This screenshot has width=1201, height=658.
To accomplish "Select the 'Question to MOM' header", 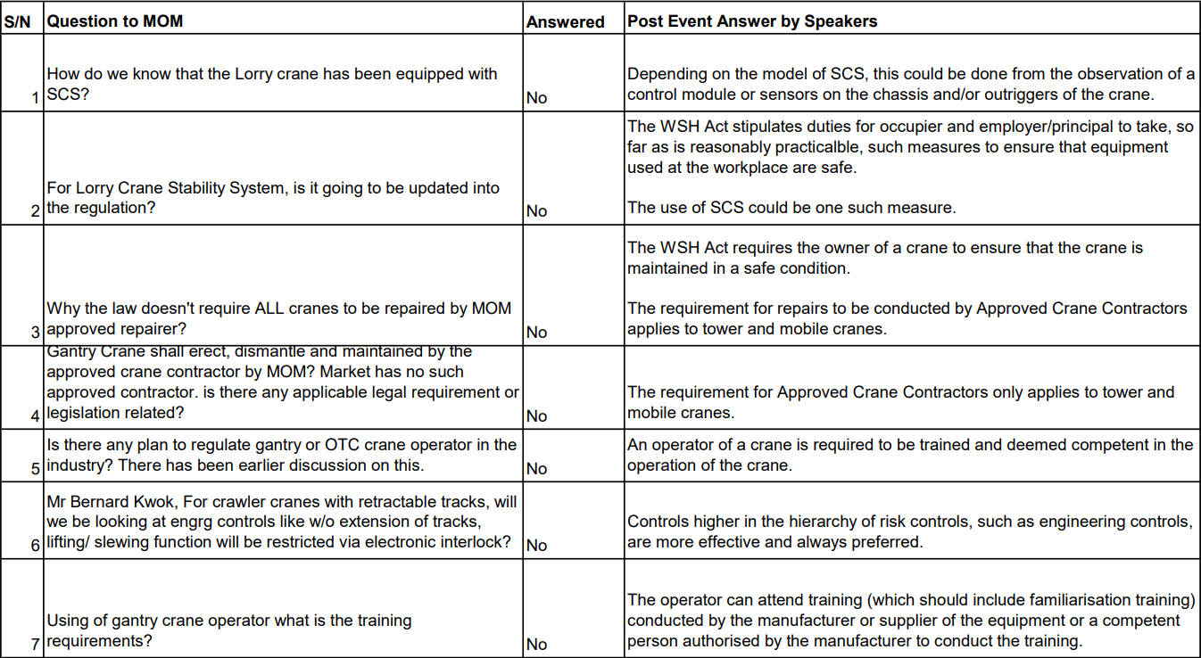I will pyautogui.click(x=115, y=21).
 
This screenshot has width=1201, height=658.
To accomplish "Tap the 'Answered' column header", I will pyautogui.click(x=565, y=22).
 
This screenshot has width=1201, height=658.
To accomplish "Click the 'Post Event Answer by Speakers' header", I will pyautogui.click(x=752, y=21).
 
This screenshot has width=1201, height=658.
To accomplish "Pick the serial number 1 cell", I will pyautogui.click(x=36, y=98).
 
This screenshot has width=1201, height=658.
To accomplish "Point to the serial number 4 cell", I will pyautogui.click(x=36, y=416).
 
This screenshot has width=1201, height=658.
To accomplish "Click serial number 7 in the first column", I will pyautogui.click(x=36, y=644).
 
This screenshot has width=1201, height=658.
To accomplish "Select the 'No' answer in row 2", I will pyautogui.click(x=536, y=211).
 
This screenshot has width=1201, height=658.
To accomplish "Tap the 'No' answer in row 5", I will pyautogui.click(x=536, y=469).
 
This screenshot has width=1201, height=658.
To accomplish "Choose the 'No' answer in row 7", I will pyautogui.click(x=536, y=645).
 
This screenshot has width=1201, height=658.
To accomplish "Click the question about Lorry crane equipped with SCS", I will pyautogui.click(x=271, y=85).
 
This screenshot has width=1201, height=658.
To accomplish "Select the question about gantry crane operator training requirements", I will pyautogui.click(x=228, y=631).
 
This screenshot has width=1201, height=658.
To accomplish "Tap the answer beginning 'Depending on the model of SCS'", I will pyautogui.click(x=910, y=84).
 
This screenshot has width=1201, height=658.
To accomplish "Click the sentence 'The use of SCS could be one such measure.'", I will pyautogui.click(x=791, y=208).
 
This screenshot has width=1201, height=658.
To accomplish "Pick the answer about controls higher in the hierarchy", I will pyautogui.click(x=909, y=531).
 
